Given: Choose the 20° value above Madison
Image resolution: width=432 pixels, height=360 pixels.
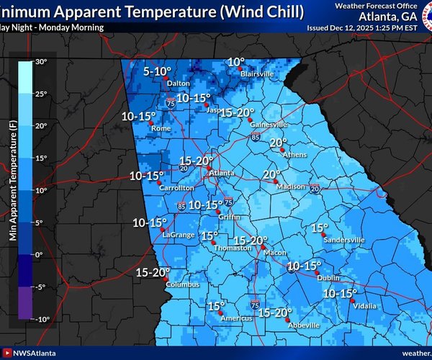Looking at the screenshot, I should point(271,174).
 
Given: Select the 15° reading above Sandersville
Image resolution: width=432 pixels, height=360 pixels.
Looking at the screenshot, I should point(320,228).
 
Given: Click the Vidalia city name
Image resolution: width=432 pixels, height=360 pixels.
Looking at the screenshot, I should point(364,306).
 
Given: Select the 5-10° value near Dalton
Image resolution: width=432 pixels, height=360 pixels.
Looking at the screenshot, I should point(157,71).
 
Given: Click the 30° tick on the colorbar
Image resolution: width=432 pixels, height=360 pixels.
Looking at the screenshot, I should point(42,62).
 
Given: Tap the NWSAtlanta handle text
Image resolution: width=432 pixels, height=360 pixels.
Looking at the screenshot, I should point(36,353).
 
